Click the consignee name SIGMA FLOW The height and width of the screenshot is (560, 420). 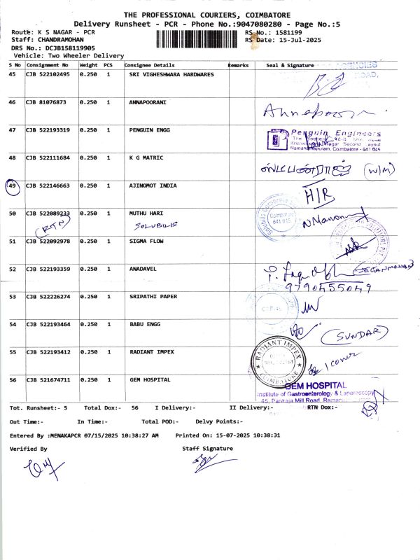[148, 241]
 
